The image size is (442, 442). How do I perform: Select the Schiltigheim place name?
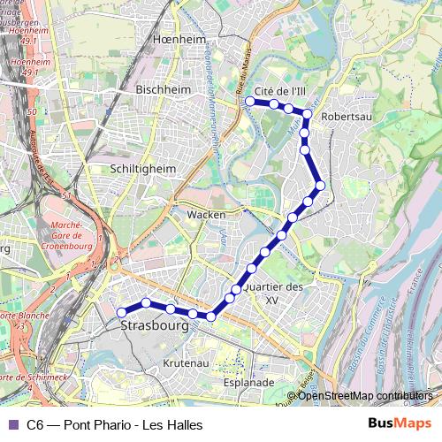tap(143, 168)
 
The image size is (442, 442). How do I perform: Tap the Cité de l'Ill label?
tap(279, 91)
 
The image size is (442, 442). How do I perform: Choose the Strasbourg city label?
tap(153, 325)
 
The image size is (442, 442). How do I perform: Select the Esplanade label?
tap(248, 383)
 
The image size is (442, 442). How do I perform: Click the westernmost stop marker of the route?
tap(122, 312)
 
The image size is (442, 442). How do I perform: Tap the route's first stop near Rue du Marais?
tap(250, 102)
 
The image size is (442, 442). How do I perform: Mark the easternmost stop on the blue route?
tap(321, 185)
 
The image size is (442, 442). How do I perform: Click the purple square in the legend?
tap(12, 425)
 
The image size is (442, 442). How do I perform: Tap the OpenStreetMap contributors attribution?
tap(364, 396)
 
